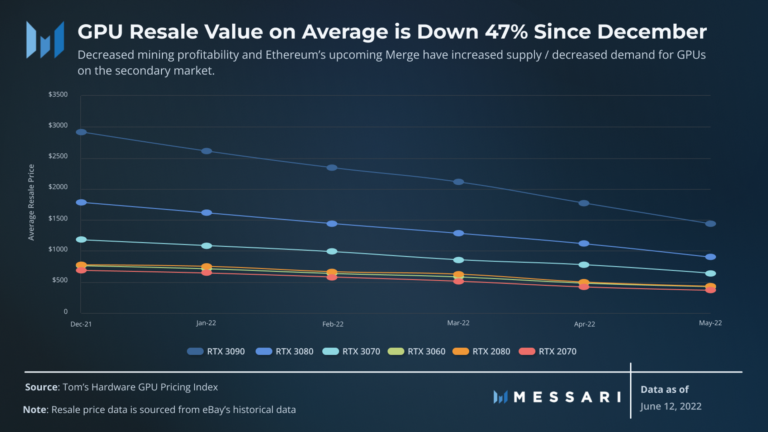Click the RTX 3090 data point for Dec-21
coord(81,132)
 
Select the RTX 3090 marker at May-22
coord(710,224)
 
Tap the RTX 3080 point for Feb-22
coord(332,224)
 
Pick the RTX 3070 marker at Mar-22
coord(459,260)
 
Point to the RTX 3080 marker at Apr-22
coord(584,243)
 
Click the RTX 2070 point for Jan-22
coord(207,273)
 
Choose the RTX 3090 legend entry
coord(216,351)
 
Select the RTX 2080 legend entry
coord(482,351)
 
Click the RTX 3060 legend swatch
coord(396,351)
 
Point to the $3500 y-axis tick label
coord(58,94)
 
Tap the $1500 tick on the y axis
coord(58,218)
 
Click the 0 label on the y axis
coord(66,312)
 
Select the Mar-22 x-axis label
coord(458,323)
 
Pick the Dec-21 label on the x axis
coord(81,324)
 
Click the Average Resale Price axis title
coord(32,202)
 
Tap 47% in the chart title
coord(506,32)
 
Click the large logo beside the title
coord(45,40)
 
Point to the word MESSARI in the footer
coord(567,397)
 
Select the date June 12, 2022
coord(671,406)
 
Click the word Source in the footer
coord(41,387)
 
